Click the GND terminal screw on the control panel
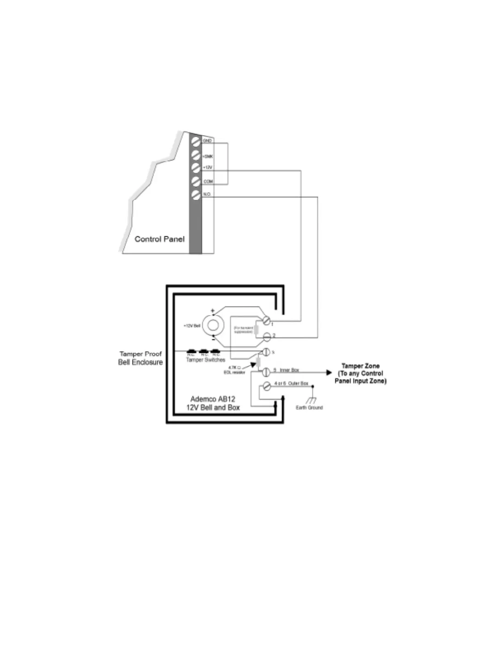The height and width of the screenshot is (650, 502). [196, 142]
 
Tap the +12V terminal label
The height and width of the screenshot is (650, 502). [208, 167]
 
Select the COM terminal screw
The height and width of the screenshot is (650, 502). [196, 181]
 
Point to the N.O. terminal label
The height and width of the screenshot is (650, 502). [207, 194]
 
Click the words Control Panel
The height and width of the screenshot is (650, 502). [160, 239]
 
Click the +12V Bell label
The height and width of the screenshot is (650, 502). [192, 326]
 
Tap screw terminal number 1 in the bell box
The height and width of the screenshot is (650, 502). [267, 320]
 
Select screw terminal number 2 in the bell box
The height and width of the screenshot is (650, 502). [267, 337]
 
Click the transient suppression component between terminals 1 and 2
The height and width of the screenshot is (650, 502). [256, 330]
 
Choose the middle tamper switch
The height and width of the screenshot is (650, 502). [204, 352]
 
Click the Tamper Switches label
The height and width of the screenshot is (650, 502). [205, 360]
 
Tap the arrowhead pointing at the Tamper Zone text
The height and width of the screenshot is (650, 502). [329, 373]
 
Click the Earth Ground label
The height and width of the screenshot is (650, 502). [309, 407]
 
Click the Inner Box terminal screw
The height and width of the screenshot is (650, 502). [266, 372]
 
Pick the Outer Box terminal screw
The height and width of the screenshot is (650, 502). [267, 386]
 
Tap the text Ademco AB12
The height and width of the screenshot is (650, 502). [213, 399]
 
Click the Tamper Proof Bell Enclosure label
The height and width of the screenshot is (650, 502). [140, 358]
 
